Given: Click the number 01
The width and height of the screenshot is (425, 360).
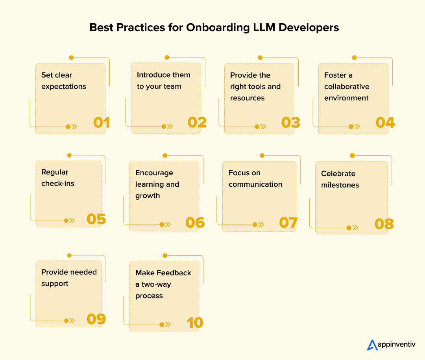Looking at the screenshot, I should [102, 122].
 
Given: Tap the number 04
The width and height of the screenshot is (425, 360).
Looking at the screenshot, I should [385, 122].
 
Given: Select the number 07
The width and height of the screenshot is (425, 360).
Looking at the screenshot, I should [288, 223].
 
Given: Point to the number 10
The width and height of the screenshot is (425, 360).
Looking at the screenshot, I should [194, 323].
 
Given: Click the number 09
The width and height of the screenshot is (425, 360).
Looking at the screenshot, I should [96, 319].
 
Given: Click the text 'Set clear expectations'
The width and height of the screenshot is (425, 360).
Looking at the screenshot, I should [64, 80].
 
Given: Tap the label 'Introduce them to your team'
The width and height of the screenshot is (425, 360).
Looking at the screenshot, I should [163, 80].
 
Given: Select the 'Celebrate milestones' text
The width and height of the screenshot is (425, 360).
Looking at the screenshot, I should [340, 179].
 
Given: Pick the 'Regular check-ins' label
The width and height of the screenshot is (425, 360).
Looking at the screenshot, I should [58, 178].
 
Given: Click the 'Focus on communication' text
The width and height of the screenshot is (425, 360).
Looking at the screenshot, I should [255, 178].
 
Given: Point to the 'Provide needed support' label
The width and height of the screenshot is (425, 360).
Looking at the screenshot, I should [69, 278].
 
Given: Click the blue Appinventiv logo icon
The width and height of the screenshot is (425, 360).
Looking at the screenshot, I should [372, 345].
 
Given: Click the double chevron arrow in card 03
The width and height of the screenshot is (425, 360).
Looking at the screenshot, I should [263, 126].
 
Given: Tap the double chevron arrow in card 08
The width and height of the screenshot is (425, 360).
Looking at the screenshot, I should [355, 228].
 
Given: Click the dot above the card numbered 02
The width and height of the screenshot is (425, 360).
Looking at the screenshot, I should [167, 58].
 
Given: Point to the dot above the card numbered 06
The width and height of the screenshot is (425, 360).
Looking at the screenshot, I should [165, 156].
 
